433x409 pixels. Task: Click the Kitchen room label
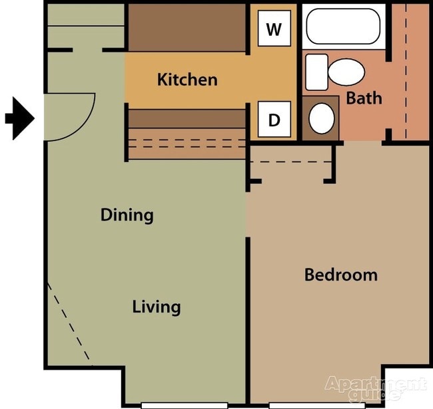click(187, 80)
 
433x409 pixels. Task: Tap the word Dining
click(127, 215)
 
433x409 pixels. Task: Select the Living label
click(157, 307)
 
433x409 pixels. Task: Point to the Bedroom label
click(341, 275)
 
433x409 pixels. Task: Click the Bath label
click(364, 98)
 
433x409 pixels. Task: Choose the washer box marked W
click(274, 28)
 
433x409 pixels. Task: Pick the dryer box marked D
click(274, 119)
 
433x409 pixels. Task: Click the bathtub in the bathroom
click(344, 26)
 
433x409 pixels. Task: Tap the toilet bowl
click(346, 72)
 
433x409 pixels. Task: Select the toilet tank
click(316, 72)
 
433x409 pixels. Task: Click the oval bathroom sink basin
click(322, 118)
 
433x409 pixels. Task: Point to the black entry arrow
click(20, 118)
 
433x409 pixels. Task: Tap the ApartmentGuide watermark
click(376, 388)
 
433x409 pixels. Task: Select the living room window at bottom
click(184, 406)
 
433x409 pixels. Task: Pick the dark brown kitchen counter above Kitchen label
click(187, 27)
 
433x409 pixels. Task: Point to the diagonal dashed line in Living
click(69, 321)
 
